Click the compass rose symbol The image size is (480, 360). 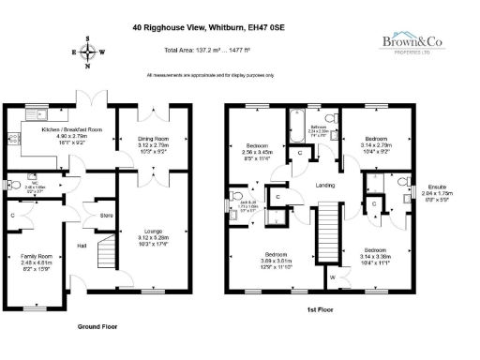click(89, 52)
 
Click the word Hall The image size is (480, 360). click(83, 246)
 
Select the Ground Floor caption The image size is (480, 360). click(96, 326)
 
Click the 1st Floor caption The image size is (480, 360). click(322, 308)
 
